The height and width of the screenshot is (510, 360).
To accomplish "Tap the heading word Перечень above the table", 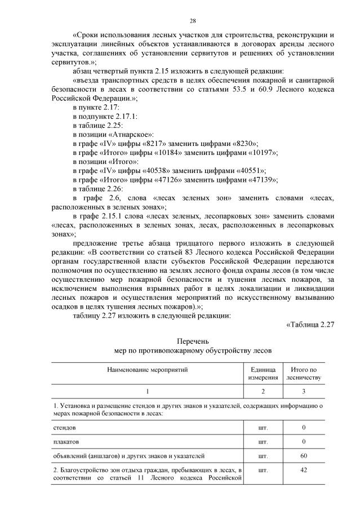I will [193, 342].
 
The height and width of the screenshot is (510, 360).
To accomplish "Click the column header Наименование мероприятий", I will [148, 369].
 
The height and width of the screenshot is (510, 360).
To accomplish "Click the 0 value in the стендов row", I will [304, 427].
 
